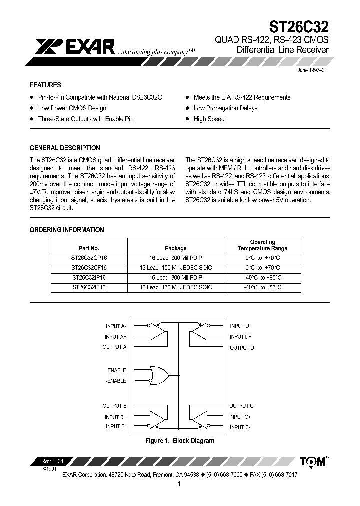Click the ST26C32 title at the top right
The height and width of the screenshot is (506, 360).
[299, 26]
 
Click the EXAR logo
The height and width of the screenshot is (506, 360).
[75, 47]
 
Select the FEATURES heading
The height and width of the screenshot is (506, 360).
[45, 85]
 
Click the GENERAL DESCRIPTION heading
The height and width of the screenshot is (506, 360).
[65, 148]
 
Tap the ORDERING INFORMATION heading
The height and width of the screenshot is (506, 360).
[67, 230]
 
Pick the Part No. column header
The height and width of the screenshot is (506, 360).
[89, 248]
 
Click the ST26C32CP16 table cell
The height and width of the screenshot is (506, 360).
[89, 259]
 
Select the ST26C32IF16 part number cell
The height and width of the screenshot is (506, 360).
[89, 287]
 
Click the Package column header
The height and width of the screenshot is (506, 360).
[176, 248]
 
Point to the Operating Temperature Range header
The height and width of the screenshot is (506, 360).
[262, 245]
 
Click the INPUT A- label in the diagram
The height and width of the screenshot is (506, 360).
[116, 326]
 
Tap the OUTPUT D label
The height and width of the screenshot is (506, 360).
[242, 348]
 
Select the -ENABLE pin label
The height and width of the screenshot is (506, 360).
[116, 381]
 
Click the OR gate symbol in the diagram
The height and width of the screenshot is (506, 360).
[159, 375]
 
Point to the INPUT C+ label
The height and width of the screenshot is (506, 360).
[240, 417]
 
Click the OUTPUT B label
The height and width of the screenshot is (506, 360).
[114, 406]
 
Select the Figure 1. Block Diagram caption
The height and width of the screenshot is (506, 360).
[179, 441]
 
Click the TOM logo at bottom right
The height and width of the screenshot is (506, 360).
[313, 462]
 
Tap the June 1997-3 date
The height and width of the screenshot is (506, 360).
[311, 71]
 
